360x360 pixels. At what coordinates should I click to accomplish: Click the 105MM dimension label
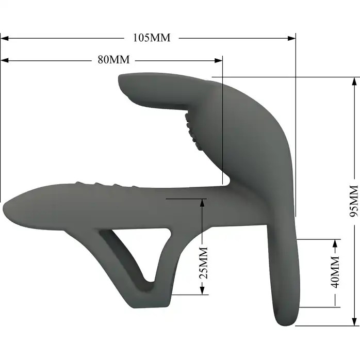coord(152,38)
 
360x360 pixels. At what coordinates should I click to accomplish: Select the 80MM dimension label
coord(113,60)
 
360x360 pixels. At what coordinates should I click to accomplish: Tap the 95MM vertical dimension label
coord(354,201)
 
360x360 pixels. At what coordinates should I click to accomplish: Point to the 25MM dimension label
coord(203,263)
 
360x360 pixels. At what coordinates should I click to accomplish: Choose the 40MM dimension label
coord(335,272)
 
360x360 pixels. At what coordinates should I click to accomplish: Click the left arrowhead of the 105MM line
coord(5,38)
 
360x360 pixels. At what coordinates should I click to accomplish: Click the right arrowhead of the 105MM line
coord(291,38)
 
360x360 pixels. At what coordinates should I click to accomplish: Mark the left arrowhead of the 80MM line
coord(5,60)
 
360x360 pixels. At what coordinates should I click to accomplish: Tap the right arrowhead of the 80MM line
coord(218,60)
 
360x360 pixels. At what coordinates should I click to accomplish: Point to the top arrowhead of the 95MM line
coord(354,81)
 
